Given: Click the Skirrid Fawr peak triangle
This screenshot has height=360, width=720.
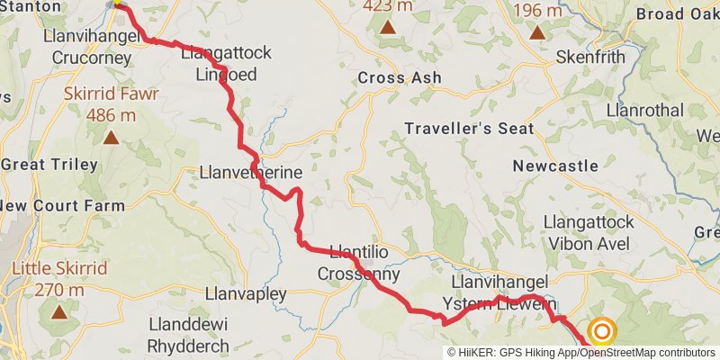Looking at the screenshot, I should pyautogui.click(x=111, y=137).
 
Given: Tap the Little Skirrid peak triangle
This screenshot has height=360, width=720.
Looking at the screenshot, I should pyautogui.click(x=59, y=312).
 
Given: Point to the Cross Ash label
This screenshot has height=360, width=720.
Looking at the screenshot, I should pyautogui.click(x=400, y=78).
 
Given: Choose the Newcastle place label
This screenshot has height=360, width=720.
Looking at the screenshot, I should pyautogui.click(x=555, y=166).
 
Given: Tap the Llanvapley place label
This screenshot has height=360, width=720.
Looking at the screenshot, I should pyautogui.click(x=246, y=294).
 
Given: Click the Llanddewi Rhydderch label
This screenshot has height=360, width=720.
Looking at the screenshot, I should pyautogui.click(x=190, y=333).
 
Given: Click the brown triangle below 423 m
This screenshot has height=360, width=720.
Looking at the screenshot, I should pyautogui.click(x=388, y=28).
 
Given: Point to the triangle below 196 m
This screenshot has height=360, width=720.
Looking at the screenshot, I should pyautogui.click(x=537, y=33).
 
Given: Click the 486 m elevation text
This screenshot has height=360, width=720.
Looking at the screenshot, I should pyautogui.click(x=112, y=115).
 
